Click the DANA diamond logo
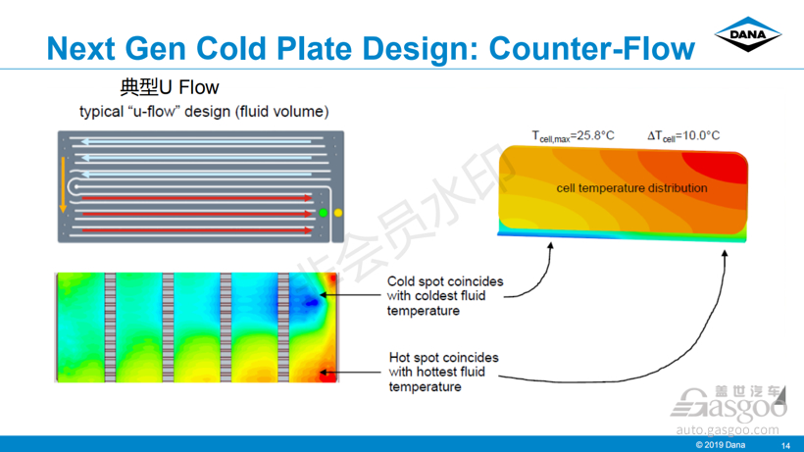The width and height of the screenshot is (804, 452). (x=747, y=34)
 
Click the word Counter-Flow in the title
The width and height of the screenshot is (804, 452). (x=591, y=49)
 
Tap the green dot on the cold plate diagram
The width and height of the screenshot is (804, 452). (x=323, y=213)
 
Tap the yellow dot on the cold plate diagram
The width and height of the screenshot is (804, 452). (x=338, y=213)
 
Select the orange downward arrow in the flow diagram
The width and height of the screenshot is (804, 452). (x=63, y=184)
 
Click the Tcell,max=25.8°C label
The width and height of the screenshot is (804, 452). (x=573, y=136)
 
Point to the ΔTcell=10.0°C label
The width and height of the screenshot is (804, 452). (x=683, y=136)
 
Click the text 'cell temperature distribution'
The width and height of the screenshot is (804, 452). (x=631, y=188)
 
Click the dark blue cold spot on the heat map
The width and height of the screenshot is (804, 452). (x=310, y=301)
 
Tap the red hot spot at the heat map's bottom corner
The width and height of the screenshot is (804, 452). (x=327, y=376)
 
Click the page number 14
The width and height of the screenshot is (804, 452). (x=785, y=446)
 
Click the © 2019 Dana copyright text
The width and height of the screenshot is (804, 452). (x=720, y=445)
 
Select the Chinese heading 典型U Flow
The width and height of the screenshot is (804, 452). (x=170, y=87)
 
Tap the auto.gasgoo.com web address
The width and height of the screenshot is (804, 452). (x=728, y=429)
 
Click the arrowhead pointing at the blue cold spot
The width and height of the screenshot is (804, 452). (x=324, y=295)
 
